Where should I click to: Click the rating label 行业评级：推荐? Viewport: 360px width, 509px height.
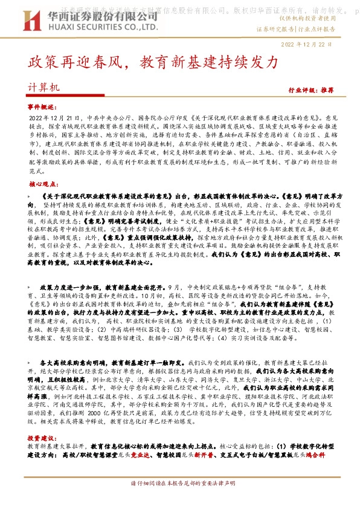pyautogui.click(x=310, y=89)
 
